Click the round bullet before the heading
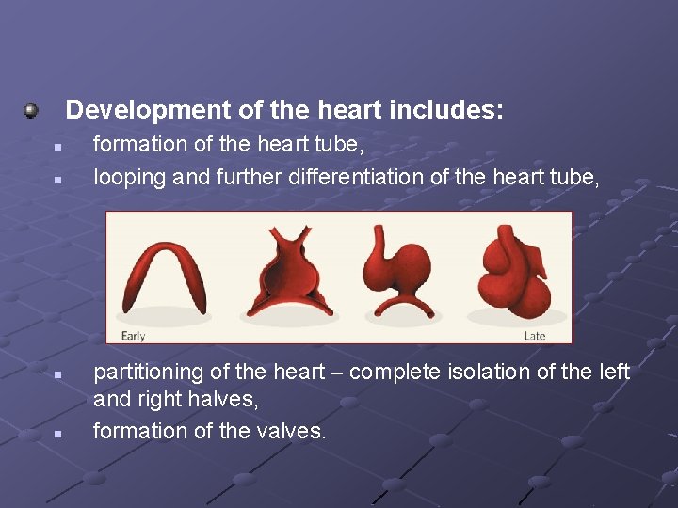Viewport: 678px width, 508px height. [x=32, y=111]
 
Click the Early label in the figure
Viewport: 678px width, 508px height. [x=133, y=336]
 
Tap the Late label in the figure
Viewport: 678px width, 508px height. [x=534, y=336]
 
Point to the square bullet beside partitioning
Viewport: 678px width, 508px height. [x=56, y=375]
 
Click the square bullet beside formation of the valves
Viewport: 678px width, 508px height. [x=56, y=434]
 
